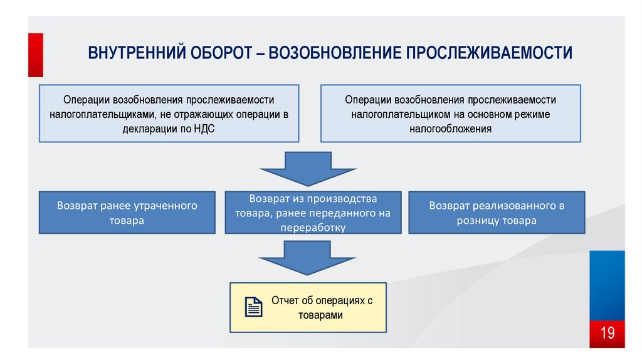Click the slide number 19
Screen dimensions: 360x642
(x=608, y=332)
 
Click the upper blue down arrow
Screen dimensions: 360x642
(x=308, y=168)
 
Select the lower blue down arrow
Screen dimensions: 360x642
(x=308, y=257)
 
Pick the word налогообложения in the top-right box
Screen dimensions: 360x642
(x=450, y=129)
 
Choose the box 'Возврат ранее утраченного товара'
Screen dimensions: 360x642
(x=127, y=213)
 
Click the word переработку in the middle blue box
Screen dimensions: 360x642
(x=313, y=228)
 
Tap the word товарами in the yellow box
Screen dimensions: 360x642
(x=321, y=315)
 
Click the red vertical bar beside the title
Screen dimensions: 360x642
(x=36, y=55)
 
